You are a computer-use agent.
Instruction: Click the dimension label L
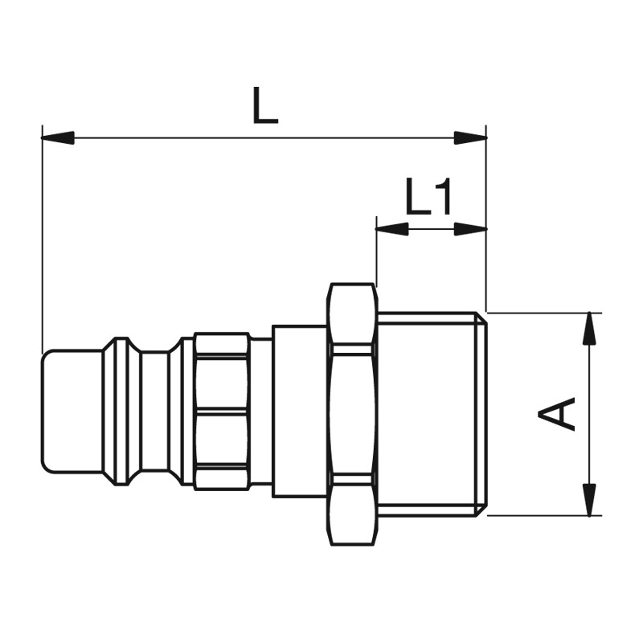pos(265,105)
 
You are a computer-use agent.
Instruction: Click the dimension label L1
pos(428,196)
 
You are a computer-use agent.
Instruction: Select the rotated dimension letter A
pos(556,413)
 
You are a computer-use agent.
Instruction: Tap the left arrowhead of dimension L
pos(58,137)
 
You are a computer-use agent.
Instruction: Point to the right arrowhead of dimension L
pos(470,137)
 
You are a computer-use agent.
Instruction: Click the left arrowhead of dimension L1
pos(392,229)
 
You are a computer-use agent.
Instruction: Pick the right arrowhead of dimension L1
pos(470,229)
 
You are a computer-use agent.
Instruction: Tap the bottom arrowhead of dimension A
pos(589,499)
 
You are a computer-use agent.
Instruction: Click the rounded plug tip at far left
pos(72,412)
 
